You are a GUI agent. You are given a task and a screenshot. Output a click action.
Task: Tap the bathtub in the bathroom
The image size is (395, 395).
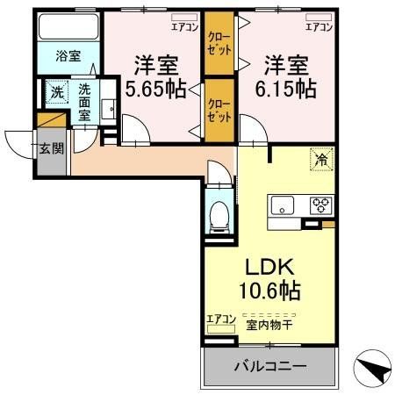[x=68, y=26]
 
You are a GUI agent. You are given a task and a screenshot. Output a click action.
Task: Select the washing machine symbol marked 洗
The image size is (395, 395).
[x=55, y=91]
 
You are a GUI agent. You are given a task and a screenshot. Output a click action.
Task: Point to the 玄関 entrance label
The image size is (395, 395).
[x=51, y=147]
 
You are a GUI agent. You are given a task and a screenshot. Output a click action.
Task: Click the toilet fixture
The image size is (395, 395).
[x=218, y=214]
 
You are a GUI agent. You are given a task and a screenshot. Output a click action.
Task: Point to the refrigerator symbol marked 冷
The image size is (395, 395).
[x=320, y=162]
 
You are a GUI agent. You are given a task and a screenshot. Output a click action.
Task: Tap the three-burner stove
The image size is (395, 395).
[x=320, y=206]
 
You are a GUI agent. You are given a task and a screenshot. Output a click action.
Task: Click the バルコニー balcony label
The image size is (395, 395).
[x=269, y=365]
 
